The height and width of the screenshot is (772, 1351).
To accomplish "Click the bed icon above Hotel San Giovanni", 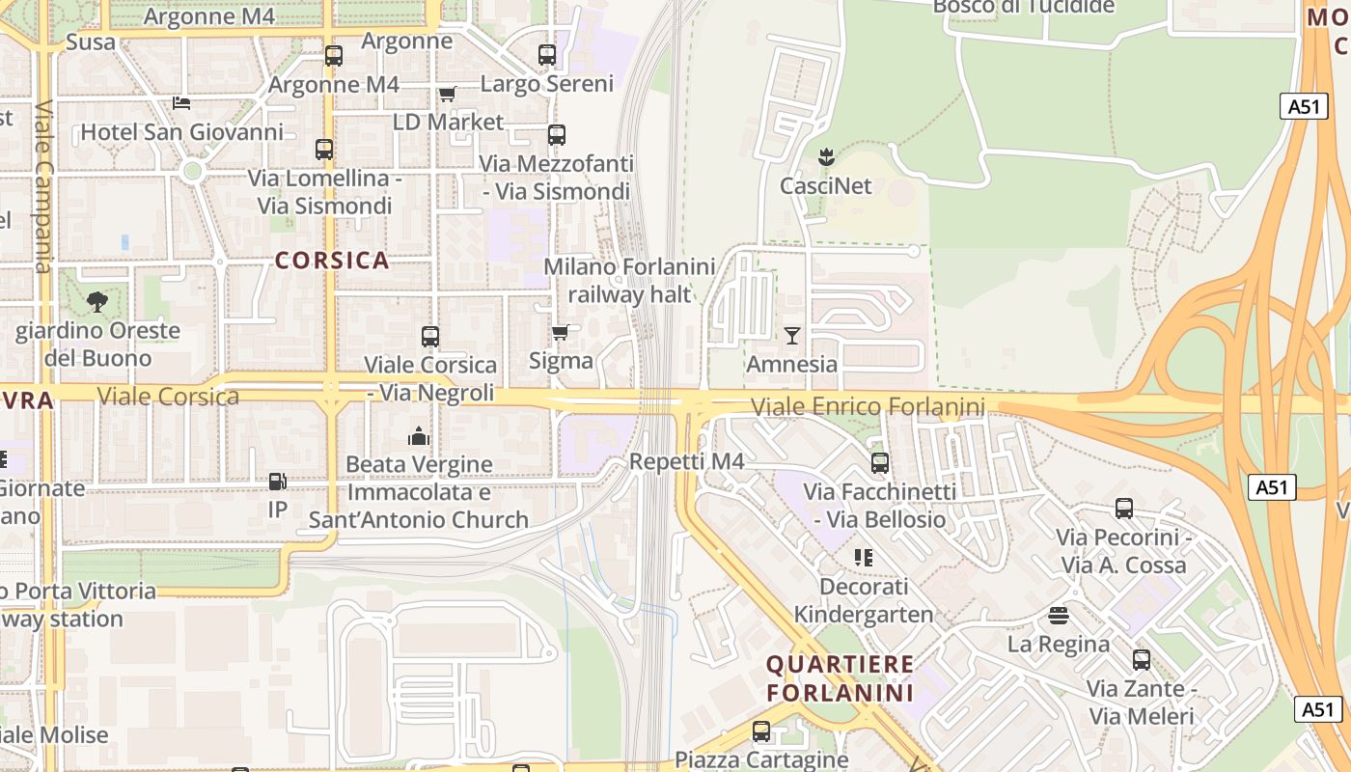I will pyautogui.click(x=180, y=103).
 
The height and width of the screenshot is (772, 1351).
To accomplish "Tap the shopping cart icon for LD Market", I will pyautogui.click(x=447, y=94).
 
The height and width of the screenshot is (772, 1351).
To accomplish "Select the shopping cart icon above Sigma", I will pyautogui.click(x=560, y=333).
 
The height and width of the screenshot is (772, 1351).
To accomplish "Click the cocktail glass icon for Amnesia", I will pyautogui.click(x=792, y=335).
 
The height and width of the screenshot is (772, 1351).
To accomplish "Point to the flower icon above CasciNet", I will pyautogui.click(x=826, y=155).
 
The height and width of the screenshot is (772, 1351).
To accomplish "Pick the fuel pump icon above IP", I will pyautogui.click(x=277, y=481).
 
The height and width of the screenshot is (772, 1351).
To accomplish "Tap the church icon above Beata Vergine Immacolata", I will pyautogui.click(x=418, y=436).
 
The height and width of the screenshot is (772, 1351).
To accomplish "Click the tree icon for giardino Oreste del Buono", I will pyautogui.click(x=96, y=302).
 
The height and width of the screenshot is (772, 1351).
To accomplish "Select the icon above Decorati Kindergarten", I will pyautogui.click(x=863, y=558).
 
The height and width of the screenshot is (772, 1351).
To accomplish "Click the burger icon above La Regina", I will pyautogui.click(x=1059, y=615).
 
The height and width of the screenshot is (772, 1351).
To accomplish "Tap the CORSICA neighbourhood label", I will pyautogui.click(x=332, y=261).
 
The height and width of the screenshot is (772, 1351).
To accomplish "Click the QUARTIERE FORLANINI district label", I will pyautogui.click(x=840, y=678).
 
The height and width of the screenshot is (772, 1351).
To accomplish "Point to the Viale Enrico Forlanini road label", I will pyautogui.click(x=868, y=407).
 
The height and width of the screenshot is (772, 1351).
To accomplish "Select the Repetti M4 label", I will pyautogui.click(x=686, y=462).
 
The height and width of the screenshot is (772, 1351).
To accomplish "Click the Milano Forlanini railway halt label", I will pyautogui.click(x=630, y=280).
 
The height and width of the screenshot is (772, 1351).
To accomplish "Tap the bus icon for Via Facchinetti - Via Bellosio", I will pyautogui.click(x=880, y=463).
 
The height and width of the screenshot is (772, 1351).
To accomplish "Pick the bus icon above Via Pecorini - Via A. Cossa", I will pyautogui.click(x=1124, y=509).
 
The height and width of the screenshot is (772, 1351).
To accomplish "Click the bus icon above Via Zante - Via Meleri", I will pyautogui.click(x=1142, y=660).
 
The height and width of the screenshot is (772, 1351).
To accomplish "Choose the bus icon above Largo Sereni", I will pyautogui.click(x=547, y=55).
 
